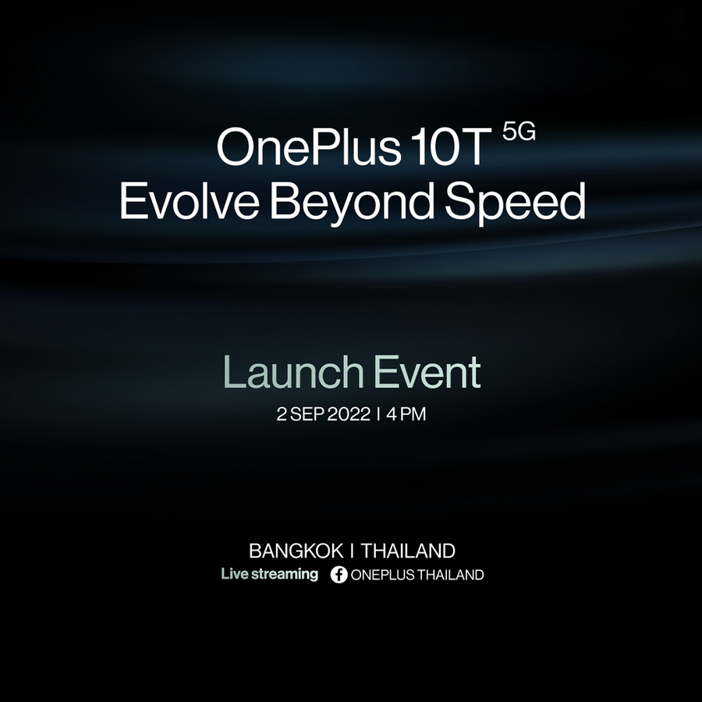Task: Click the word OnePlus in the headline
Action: pyautogui.click(x=308, y=147)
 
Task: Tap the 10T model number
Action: pyautogui.click(x=451, y=147)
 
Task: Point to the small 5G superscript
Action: pyautogui.click(x=519, y=132)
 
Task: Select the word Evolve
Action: pyautogui.click(x=189, y=200)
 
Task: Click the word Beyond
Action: pyautogui.click(x=352, y=203)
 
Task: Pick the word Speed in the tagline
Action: pyautogui.click(x=516, y=203)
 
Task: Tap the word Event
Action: pyautogui.click(x=427, y=371)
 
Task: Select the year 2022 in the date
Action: pyautogui.click(x=349, y=414)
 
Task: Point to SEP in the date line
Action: pyautogui.click(x=307, y=414)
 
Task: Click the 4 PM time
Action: pyautogui.click(x=406, y=414)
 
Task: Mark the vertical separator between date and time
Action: pyautogui.click(x=379, y=414)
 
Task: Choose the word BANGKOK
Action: pyautogui.click(x=296, y=551)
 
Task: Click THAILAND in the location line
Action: pyautogui.click(x=408, y=551)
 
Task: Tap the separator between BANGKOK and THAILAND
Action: pyautogui.click(x=352, y=551)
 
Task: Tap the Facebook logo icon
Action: pyautogui.click(x=339, y=575)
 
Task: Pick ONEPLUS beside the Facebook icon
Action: pyautogui.click(x=383, y=575)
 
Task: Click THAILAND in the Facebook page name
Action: pyautogui.click(x=451, y=575)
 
